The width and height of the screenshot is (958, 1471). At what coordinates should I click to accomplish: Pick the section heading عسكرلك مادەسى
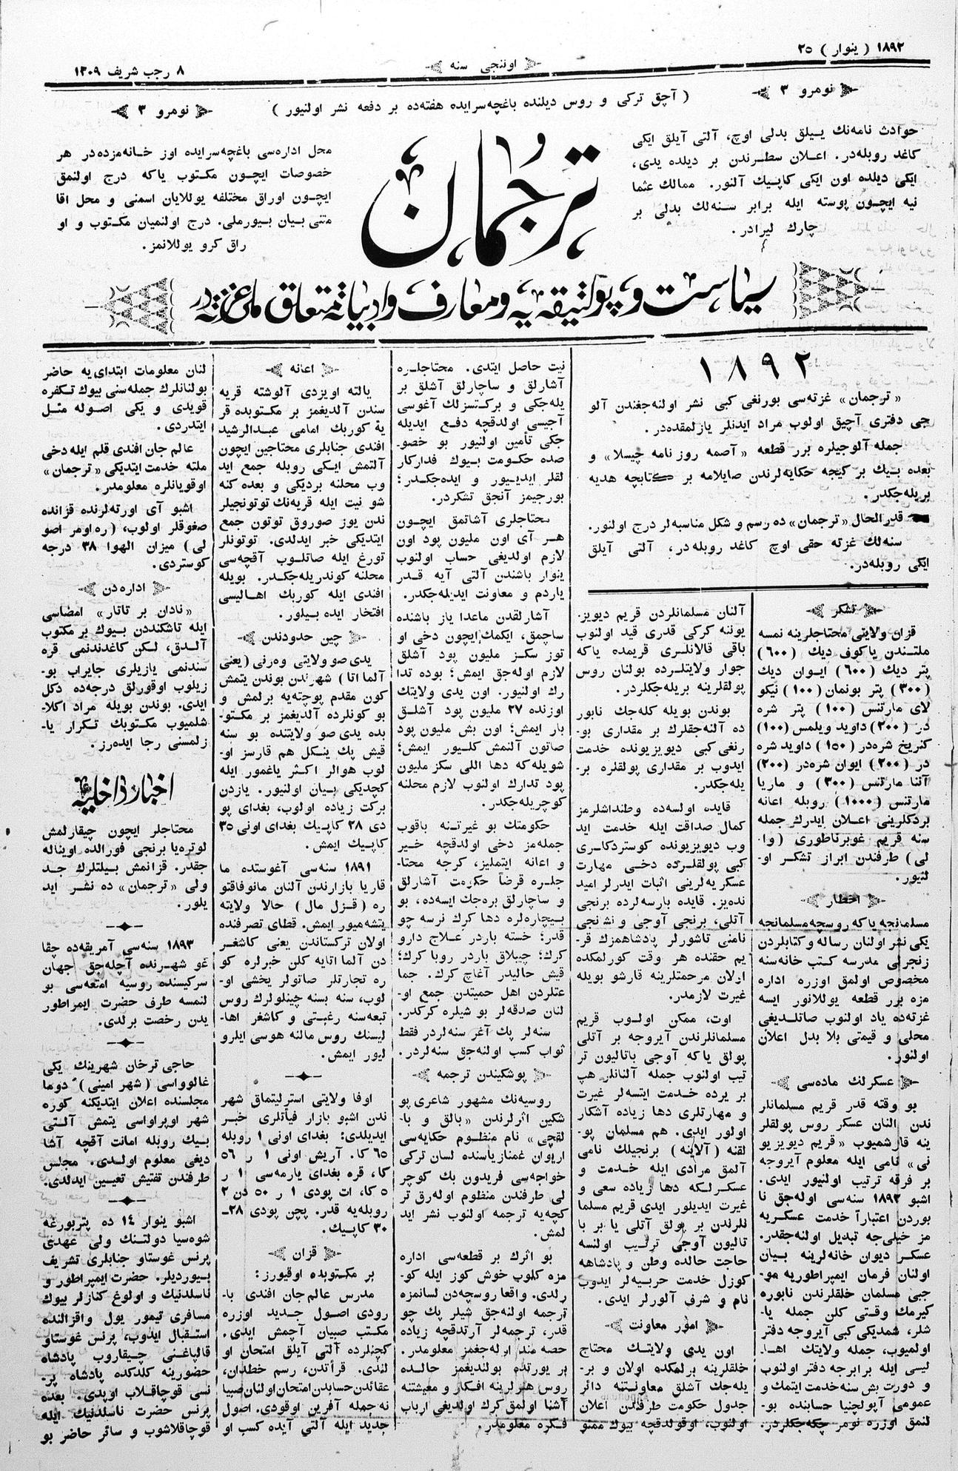pyautogui.click(x=844, y=1083)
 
